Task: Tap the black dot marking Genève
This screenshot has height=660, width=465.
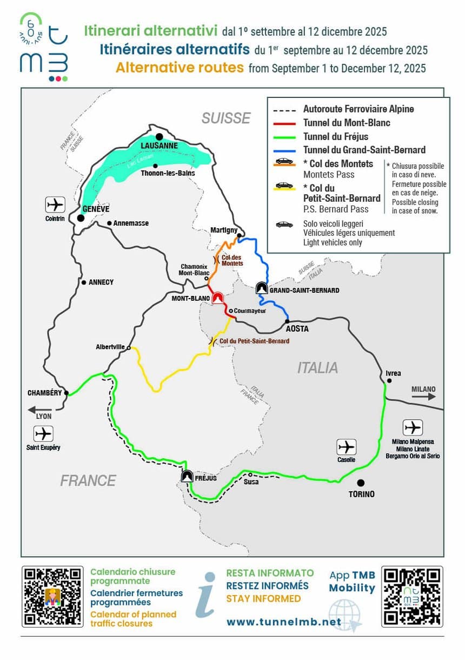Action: pos(81,219)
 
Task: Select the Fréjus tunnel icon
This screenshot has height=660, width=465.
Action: pos(188,477)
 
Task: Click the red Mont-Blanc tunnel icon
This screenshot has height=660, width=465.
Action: pos(218,298)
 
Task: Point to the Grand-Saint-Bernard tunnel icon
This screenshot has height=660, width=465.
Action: pos(262,288)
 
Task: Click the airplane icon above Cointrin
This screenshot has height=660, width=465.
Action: pos(55,205)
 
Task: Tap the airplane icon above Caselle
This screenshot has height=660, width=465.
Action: pos(347,447)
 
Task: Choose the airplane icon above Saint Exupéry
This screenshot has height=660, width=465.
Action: pos(43,434)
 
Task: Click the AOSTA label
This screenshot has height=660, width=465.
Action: pos(297,329)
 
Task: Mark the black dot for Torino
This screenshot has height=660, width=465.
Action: pos(361,483)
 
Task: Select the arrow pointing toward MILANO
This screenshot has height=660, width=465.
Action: pos(423,396)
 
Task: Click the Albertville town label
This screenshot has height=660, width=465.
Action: pos(110,346)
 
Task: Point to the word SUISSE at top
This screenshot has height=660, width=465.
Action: pos(226,118)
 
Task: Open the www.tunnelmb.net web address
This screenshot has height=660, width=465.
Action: pos(284,622)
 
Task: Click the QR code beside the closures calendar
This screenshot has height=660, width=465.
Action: pos(52,596)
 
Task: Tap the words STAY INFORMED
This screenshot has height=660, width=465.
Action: pos(263,598)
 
